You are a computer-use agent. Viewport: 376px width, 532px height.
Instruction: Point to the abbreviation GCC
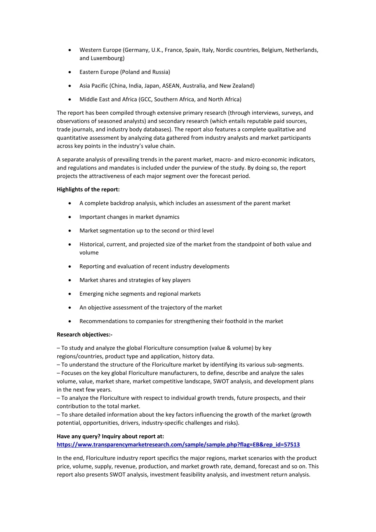(x=146, y=99)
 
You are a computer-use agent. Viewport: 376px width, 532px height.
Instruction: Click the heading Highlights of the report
(x=88, y=190)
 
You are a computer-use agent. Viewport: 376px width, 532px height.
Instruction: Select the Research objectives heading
(x=85, y=335)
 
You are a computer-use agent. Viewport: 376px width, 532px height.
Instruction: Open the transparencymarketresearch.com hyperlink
(x=178, y=444)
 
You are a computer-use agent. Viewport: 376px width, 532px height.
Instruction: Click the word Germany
(x=136, y=50)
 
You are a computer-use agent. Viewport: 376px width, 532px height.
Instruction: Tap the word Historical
(x=92, y=244)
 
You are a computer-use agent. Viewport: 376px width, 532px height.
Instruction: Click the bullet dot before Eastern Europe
(x=69, y=72)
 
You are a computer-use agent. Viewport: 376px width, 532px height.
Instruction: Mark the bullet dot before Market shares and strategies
(x=69, y=280)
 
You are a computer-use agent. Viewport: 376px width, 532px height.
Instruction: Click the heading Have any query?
(x=110, y=436)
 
